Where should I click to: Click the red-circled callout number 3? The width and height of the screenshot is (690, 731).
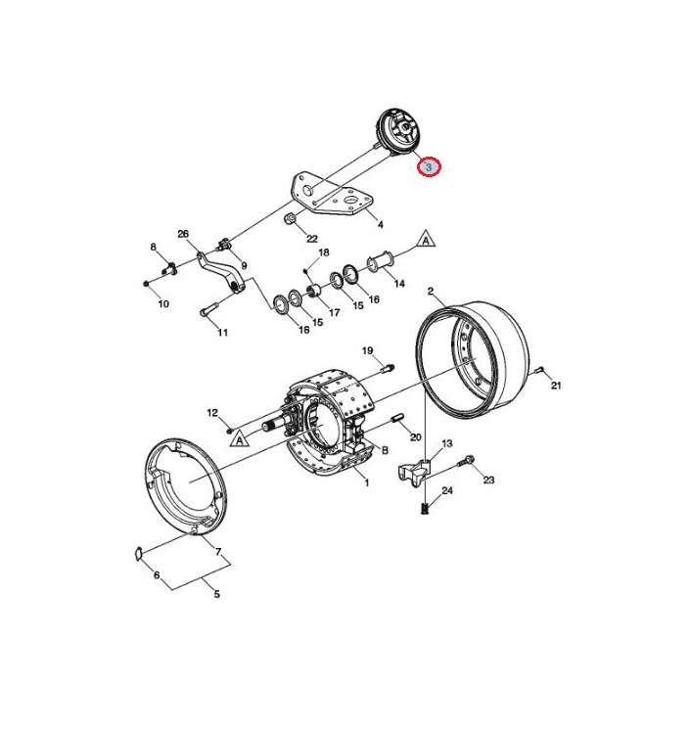tap(429, 166)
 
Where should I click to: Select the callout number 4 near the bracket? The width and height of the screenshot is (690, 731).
tap(381, 225)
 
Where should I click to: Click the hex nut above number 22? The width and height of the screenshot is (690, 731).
tap(290, 217)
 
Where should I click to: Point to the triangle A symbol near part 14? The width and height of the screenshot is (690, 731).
tap(426, 239)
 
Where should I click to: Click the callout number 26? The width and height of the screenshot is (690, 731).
tap(183, 234)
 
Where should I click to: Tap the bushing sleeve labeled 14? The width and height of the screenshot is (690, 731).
tap(381, 260)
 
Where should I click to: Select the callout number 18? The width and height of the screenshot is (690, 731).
tap(324, 252)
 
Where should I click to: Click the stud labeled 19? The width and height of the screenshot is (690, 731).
tap(388, 368)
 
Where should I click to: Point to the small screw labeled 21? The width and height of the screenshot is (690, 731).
tap(539, 370)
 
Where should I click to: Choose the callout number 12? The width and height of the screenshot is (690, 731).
tap(212, 413)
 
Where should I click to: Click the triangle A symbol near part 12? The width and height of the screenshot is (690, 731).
tap(240, 439)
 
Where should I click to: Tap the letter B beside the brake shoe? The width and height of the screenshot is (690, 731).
tap(385, 450)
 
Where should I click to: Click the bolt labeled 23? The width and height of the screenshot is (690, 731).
tap(466, 462)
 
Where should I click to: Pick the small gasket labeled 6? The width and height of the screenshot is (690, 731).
tap(138, 553)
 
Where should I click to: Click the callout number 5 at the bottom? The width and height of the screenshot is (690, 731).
tap(217, 594)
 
